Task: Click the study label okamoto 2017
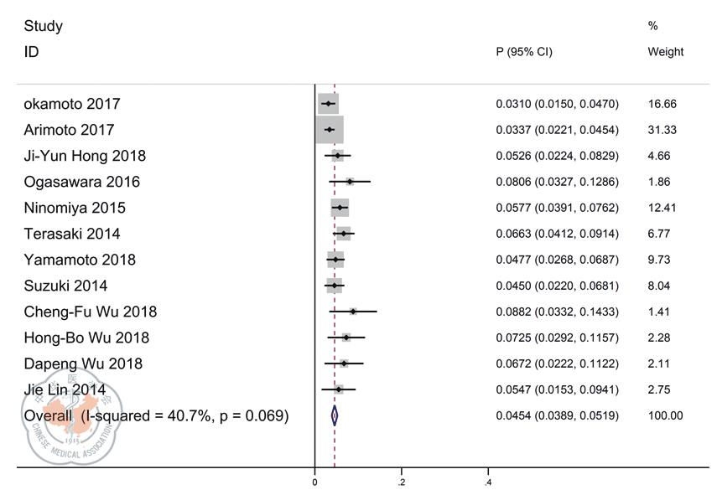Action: click(x=72, y=104)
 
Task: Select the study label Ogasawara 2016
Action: click(x=81, y=182)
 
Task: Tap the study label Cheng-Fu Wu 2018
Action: click(x=90, y=312)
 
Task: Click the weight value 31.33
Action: click(x=662, y=130)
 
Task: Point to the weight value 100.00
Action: click(x=665, y=415)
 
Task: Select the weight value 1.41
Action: click(x=658, y=312)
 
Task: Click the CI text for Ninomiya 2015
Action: click(x=557, y=208)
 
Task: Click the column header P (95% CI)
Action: click(x=524, y=52)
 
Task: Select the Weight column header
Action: click(x=665, y=52)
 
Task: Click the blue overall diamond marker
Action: click(x=335, y=415)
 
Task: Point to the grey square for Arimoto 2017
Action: click(x=330, y=130)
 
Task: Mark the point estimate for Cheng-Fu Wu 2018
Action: click(x=353, y=312)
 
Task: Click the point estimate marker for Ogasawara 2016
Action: click(x=350, y=182)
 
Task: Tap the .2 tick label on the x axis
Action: click(x=402, y=483)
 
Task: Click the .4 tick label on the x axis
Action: click(x=488, y=483)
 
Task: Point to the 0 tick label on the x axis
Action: click(x=314, y=483)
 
